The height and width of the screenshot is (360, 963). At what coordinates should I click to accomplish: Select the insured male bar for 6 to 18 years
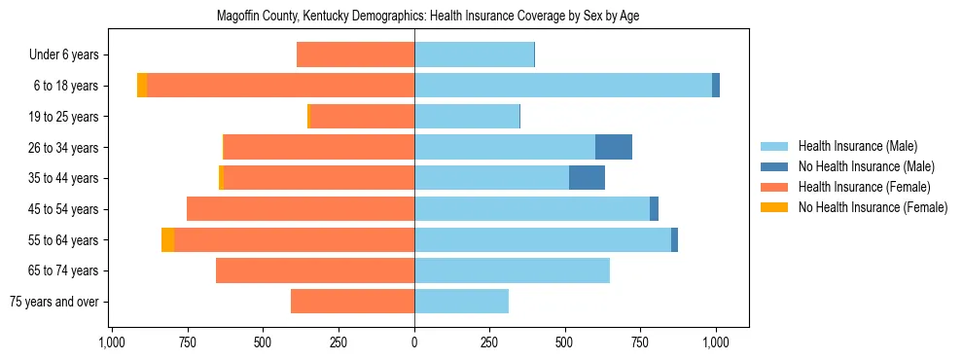tap(563, 86)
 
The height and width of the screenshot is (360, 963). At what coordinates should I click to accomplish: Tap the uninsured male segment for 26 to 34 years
tap(614, 147)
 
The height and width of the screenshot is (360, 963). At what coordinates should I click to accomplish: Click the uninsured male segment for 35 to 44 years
tap(587, 178)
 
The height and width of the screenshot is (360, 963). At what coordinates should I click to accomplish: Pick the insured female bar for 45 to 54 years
tap(301, 209)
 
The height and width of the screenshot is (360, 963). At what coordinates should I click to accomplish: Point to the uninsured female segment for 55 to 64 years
tap(168, 239)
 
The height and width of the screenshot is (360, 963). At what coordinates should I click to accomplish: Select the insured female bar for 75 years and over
tap(353, 302)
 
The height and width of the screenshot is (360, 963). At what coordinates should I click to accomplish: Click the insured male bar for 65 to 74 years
tap(513, 270)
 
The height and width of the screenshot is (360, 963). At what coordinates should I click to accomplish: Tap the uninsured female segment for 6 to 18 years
tap(142, 86)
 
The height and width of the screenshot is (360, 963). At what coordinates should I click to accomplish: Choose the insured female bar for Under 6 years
tap(356, 54)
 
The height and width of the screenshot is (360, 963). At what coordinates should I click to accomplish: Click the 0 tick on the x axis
tap(414, 342)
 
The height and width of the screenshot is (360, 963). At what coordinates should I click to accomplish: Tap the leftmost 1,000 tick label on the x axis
tap(112, 342)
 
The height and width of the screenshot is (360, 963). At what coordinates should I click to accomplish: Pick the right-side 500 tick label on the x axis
tap(565, 342)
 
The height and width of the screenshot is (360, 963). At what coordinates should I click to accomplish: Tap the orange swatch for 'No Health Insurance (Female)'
tap(775, 207)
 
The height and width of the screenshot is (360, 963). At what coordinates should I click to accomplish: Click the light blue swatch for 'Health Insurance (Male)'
tap(775, 146)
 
